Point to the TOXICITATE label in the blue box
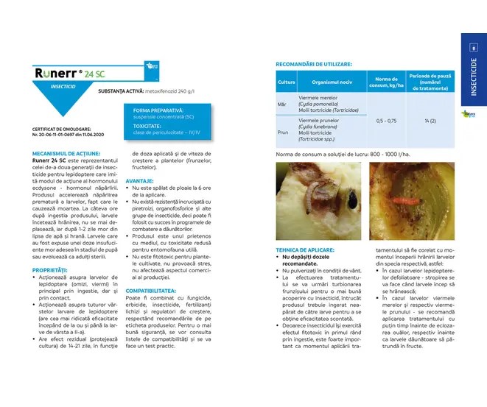point(148,126)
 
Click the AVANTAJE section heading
point(140,181)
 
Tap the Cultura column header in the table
point(286,82)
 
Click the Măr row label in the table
point(282,104)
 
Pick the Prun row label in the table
point(283,132)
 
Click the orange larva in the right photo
point(400,198)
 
